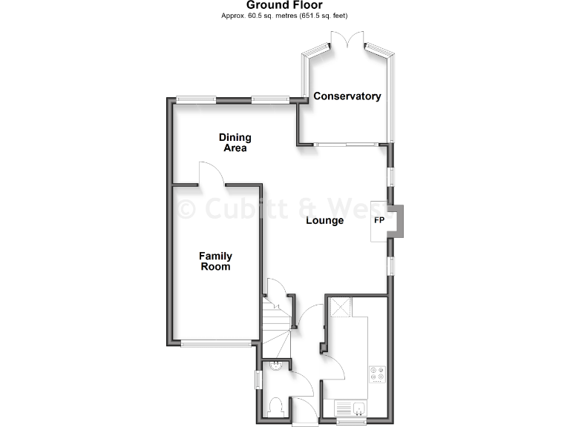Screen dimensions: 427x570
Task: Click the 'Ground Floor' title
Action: click(284, 5)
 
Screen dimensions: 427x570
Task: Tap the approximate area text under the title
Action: click(285, 16)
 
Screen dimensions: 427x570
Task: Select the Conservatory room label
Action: click(347, 96)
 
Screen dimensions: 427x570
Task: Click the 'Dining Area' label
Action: click(235, 142)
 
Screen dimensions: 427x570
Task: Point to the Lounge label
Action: click(325, 220)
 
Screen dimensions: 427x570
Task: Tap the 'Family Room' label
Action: click(215, 261)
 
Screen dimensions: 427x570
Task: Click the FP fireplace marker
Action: click(379, 220)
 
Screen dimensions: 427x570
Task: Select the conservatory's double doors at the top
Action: click(347, 42)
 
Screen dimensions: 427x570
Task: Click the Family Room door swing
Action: click(210, 173)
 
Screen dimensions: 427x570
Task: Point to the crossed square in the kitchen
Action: click(340, 306)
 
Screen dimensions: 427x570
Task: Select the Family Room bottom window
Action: click(215, 343)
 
